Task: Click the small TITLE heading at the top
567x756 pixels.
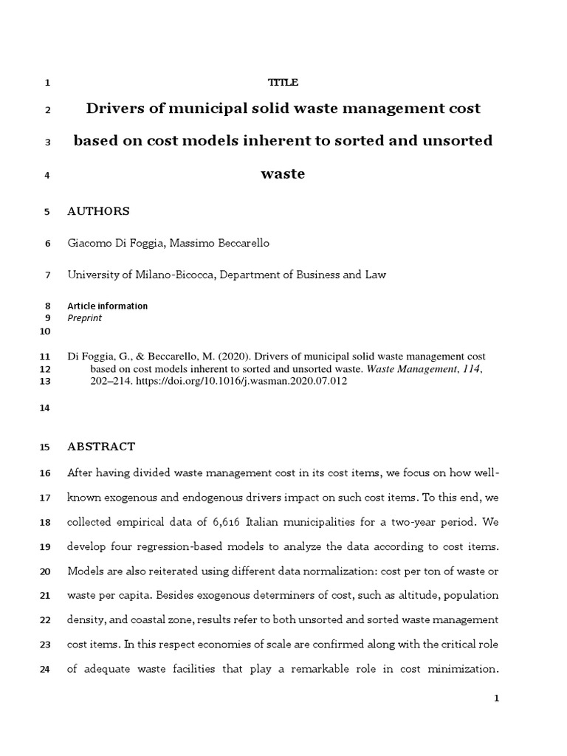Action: (x=283, y=83)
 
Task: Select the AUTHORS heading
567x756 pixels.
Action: (x=98, y=211)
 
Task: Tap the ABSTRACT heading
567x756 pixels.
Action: (x=101, y=447)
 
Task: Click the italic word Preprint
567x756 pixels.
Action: (x=84, y=318)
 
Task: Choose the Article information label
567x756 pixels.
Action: (x=107, y=306)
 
